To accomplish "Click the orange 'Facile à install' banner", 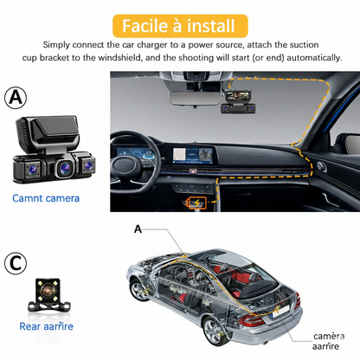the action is (x=180, y=26).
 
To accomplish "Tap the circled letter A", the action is (x=16, y=98).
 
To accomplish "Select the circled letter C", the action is (x=16, y=263).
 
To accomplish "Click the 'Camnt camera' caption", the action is (x=46, y=198).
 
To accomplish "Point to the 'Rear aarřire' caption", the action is (x=46, y=326).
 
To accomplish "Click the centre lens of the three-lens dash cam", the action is (x=64, y=167).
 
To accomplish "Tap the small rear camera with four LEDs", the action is (x=48, y=294).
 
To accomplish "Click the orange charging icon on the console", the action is (x=196, y=202).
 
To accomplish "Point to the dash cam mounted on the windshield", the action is (x=238, y=101).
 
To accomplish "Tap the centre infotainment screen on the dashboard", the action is (x=193, y=155).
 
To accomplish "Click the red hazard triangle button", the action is (x=193, y=171).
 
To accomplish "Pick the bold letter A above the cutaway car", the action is (x=138, y=229).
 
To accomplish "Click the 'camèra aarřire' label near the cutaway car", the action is (x=328, y=341).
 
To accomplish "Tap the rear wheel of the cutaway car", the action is (x=214, y=331).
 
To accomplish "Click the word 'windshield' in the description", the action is (x=119, y=58).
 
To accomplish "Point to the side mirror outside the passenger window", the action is (x=351, y=144).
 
